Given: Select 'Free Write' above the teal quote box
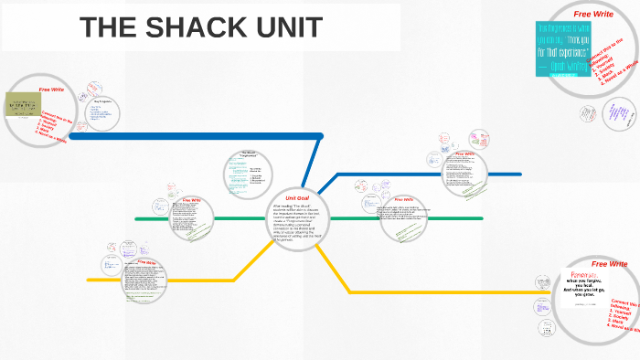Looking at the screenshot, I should click(592, 15).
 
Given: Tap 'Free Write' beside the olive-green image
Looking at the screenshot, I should click(51, 90).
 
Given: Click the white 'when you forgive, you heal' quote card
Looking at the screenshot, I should click(585, 292).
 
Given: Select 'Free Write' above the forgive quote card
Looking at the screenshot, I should click(609, 264).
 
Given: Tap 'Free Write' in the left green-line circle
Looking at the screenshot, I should click(193, 200).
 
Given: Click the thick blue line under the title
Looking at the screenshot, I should click(183, 136).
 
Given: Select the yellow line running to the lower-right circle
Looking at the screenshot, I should click(439, 292).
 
